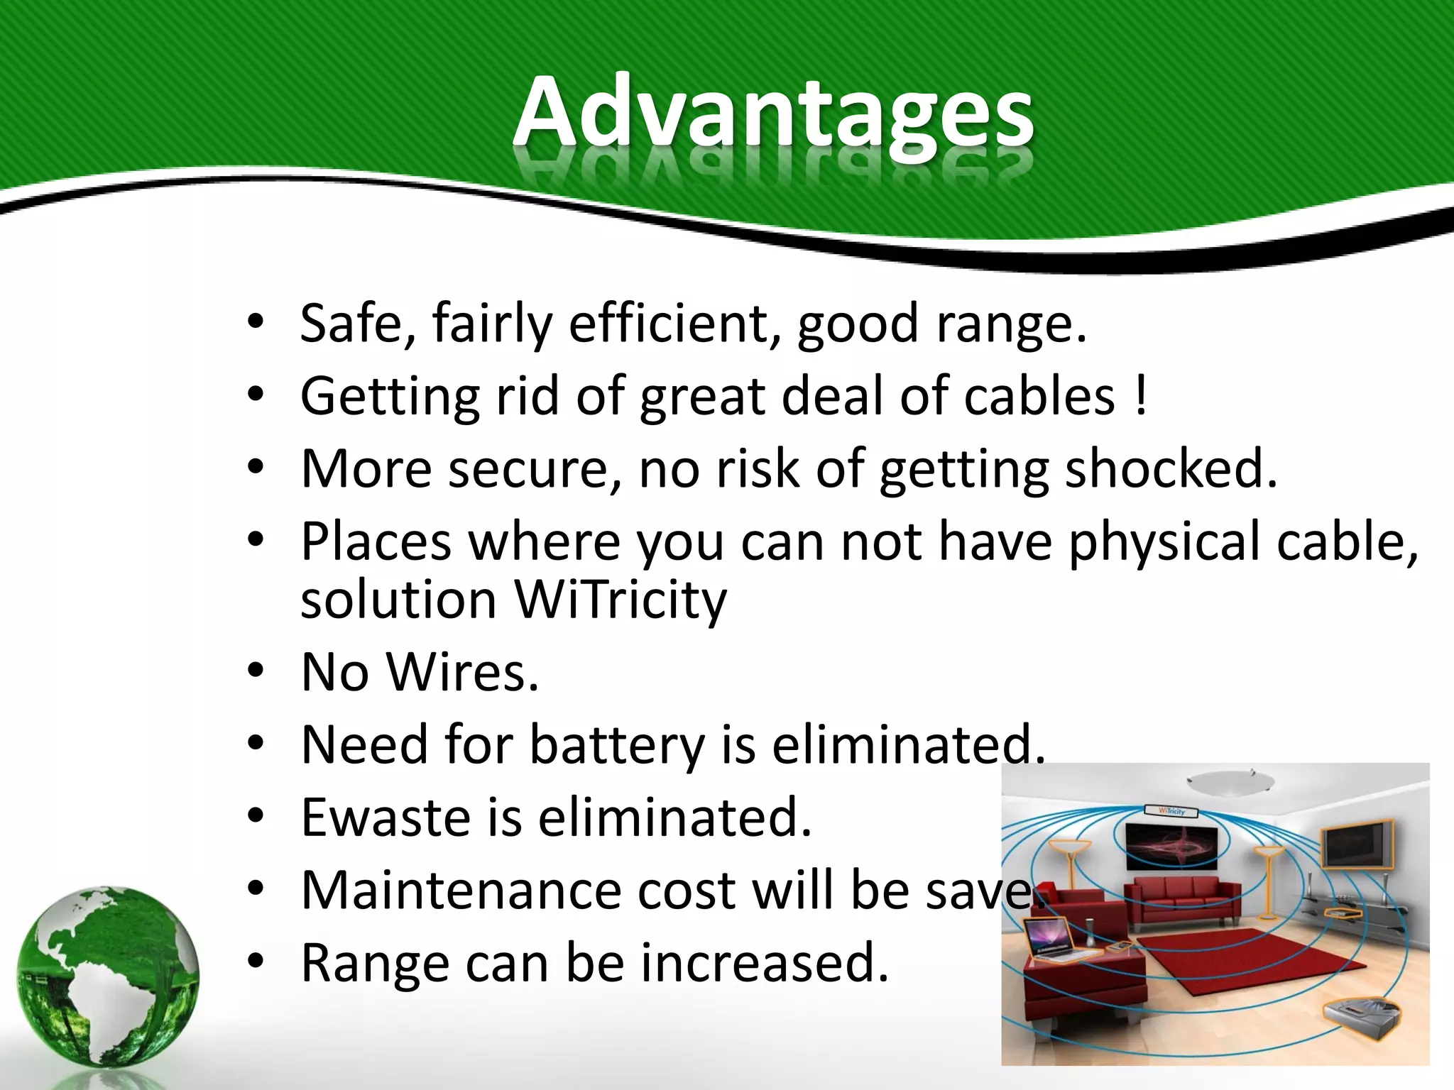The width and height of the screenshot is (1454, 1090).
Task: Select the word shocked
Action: tap(1171, 469)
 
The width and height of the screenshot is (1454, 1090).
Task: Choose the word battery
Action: tap(616, 745)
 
